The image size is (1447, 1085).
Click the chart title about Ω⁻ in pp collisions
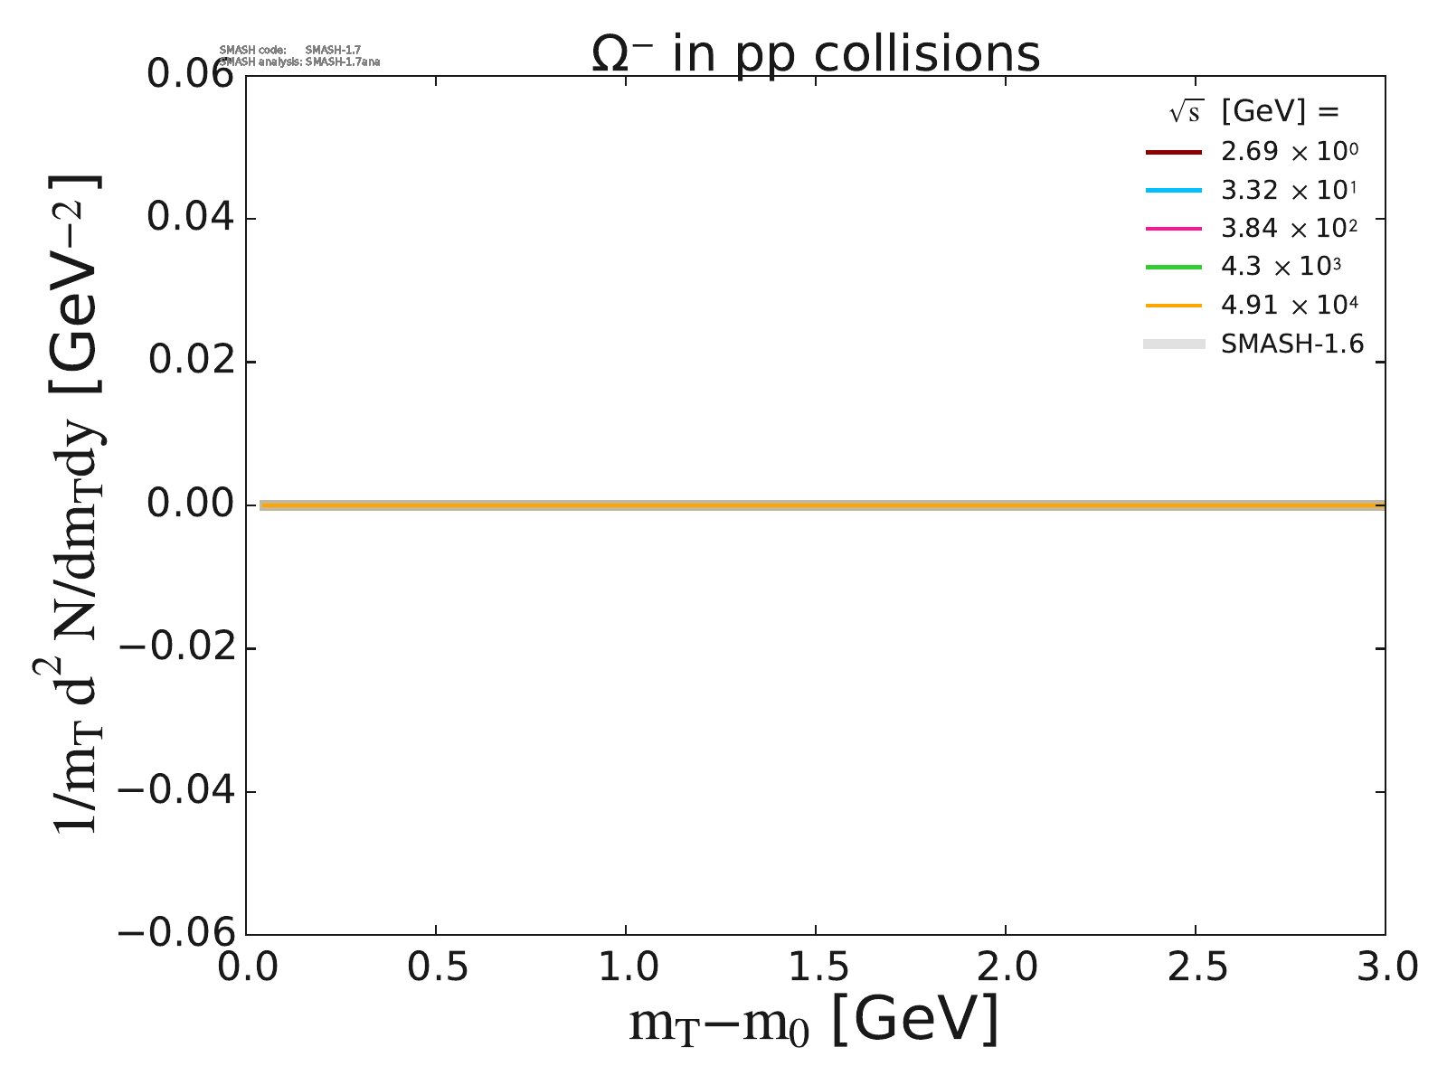click(816, 54)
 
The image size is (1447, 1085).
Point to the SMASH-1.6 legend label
click(1291, 344)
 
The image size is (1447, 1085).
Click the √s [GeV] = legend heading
click(1253, 112)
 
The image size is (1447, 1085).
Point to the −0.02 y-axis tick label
click(177, 647)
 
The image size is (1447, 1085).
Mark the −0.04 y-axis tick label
click(177, 791)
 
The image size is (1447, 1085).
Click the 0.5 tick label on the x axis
click(436, 968)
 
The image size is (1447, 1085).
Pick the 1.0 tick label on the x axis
click(626, 968)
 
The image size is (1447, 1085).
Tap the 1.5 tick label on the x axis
click(816, 968)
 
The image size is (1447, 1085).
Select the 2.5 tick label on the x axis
click(1196, 968)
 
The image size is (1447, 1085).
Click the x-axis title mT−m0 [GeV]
click(814, 1023)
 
